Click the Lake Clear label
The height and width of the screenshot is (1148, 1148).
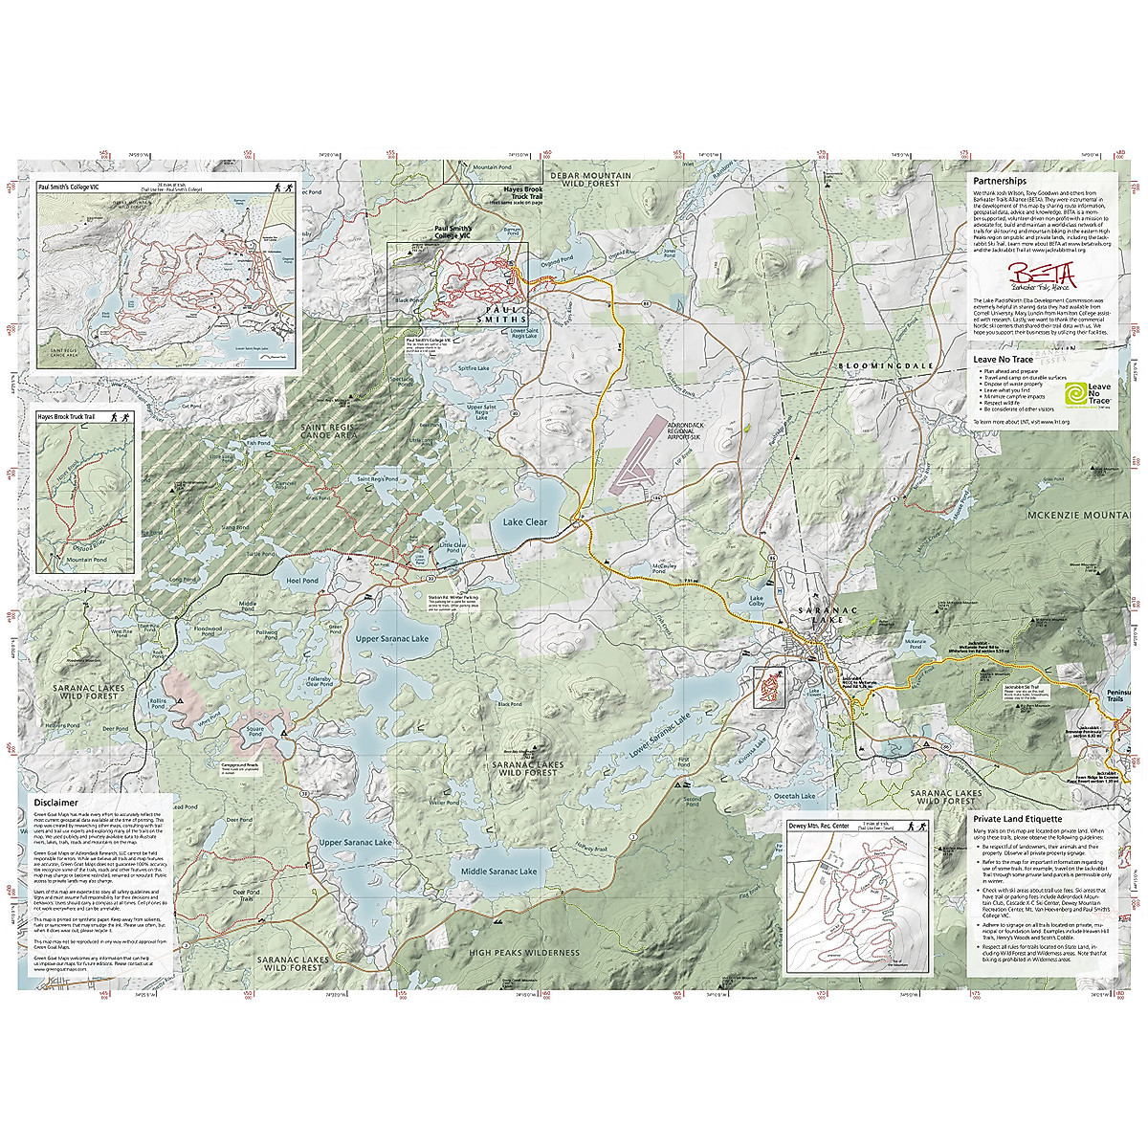coord(525,522)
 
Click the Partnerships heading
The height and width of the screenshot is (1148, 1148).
coord(999,181)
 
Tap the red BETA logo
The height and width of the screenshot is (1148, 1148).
coord(1042,274)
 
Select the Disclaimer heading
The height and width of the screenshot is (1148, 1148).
coord(55,803)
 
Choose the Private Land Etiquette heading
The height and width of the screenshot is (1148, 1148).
coord(1017,819)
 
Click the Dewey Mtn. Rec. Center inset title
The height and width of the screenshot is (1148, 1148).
coord(818,826)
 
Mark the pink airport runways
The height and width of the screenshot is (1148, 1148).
coord(632,462)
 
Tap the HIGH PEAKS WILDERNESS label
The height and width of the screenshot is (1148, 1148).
coord(523,953)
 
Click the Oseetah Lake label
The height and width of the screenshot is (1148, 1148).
coord(794,796)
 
